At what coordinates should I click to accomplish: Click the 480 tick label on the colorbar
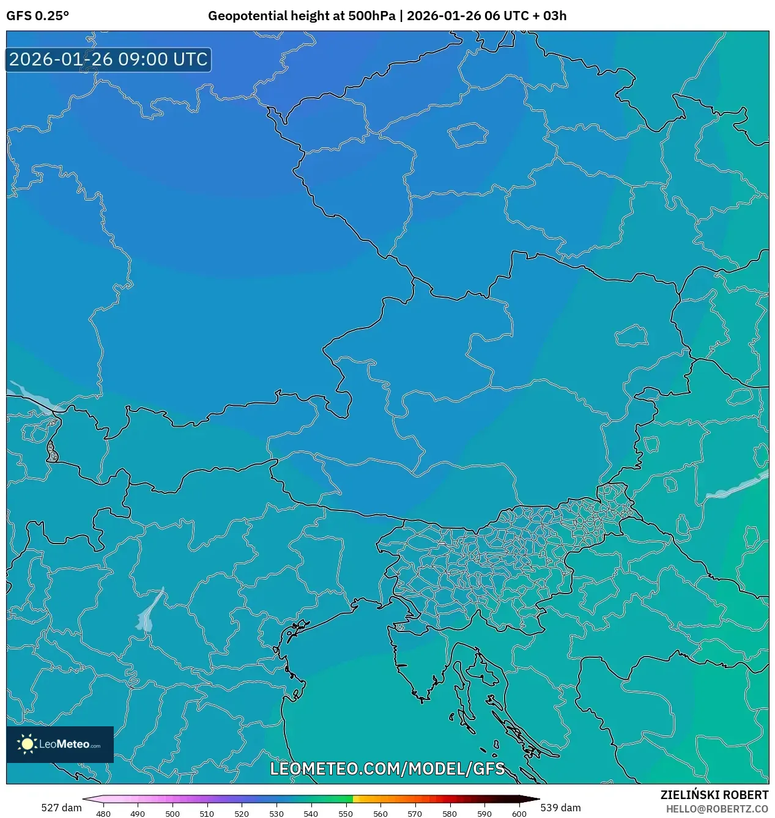pos(103,814)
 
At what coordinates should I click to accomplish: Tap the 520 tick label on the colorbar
pos(242,814)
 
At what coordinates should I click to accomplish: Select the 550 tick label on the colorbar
pos(346,814)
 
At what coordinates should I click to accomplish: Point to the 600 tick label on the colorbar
pos(519,814)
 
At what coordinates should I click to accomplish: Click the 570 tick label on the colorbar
pos(415,814)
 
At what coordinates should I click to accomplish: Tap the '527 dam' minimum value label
pos(61,808)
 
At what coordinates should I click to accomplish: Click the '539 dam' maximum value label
pos(560,808)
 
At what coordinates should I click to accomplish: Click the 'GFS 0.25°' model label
pos(37,16)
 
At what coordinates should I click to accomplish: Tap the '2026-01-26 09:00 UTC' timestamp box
pos(108,59)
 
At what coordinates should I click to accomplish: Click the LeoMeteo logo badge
pos(60,744)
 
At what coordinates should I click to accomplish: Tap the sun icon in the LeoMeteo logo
pos(27,744)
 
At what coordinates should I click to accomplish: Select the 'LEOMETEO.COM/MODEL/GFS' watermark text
pos(387,768)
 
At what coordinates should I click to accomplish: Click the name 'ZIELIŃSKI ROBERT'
pos(714,795)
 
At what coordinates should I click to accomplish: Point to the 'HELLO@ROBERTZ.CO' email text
pos(717,809)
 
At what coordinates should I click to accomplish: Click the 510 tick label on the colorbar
pos(207,814)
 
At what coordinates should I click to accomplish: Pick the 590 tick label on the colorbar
pos(484,814)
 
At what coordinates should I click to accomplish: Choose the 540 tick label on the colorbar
pos(311,814)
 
